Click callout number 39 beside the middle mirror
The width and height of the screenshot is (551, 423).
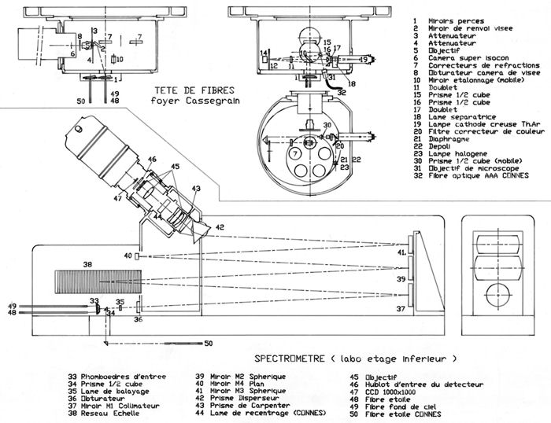pos(401,280)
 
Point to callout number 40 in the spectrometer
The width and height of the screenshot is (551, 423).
pos(127,256)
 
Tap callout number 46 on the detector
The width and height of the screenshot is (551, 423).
pos(152,160)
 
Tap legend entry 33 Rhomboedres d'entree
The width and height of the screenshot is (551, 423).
pos(117,376)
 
